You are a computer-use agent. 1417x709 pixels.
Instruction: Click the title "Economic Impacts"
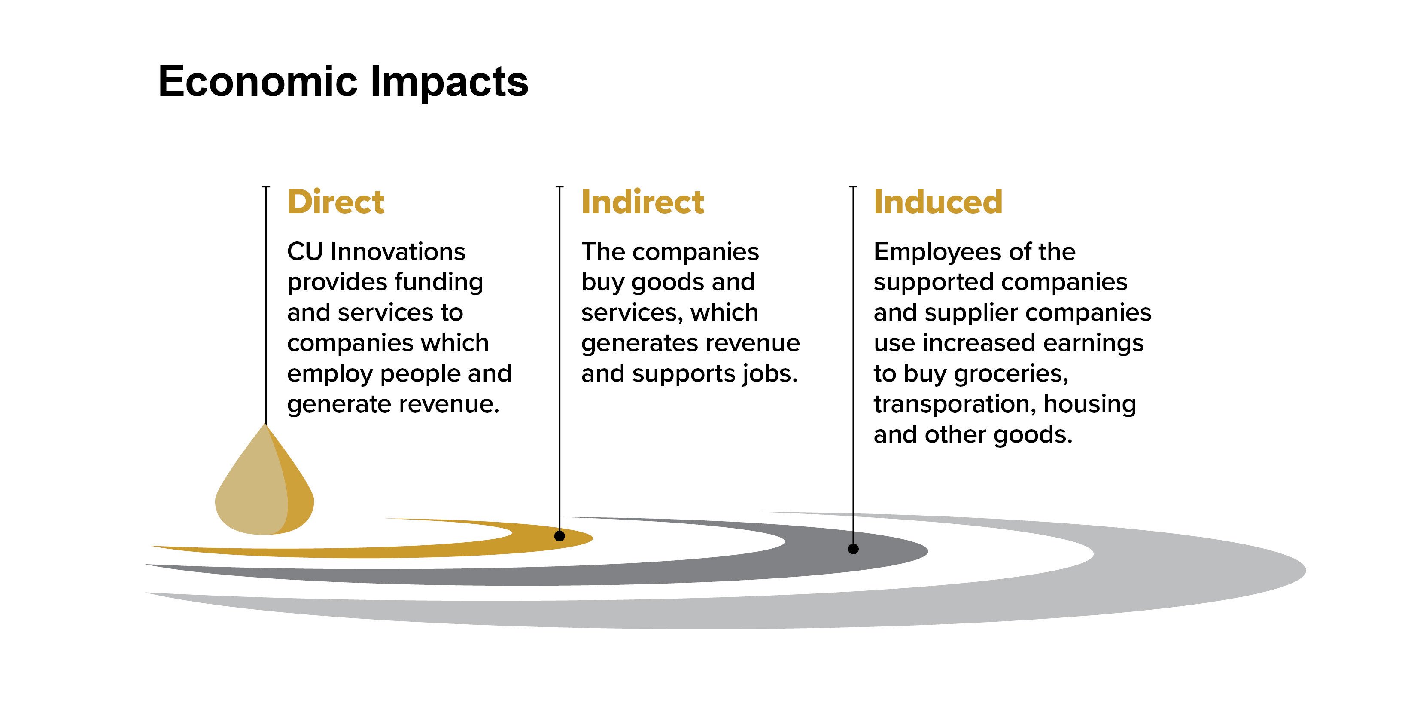[x=343, y=82]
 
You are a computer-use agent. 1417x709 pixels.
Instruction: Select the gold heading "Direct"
[x=335, y=202]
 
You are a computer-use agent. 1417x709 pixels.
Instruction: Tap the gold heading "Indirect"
[x=642, y=202]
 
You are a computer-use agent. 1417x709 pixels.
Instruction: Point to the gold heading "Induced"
[x=938, y=202]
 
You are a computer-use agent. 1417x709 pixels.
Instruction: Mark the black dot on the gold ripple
[x=560, y=535]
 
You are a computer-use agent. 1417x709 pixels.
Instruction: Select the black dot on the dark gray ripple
[x=853, y=549]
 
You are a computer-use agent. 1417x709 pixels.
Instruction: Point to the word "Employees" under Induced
[x=937, y=253]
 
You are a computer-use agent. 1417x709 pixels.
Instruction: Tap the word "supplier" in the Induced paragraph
[x=971, y=313]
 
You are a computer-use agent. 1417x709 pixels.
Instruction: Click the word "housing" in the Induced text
[x=1090, y=405]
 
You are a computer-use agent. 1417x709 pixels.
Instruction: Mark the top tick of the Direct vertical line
[x=266, y=187]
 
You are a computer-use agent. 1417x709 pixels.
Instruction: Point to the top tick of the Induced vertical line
[x=853, y=187]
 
